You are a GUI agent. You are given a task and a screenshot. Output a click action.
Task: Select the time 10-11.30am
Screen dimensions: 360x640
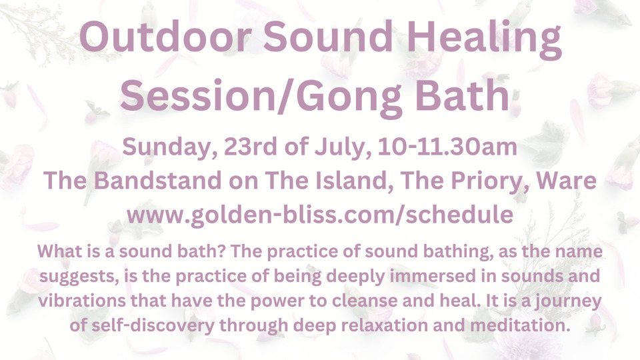453,147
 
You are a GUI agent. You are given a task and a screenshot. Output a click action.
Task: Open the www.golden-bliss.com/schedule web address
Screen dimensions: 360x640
320,215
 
